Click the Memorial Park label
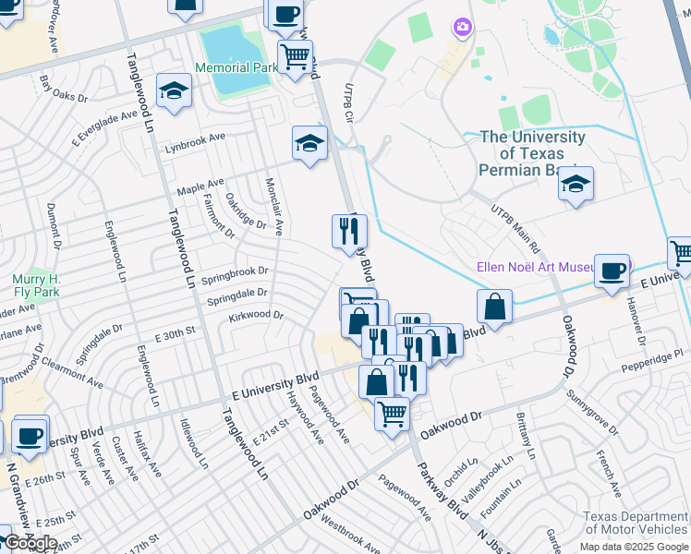tap(236, 67)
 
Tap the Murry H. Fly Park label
tap(35, 286)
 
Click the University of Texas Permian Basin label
tap(532, 153)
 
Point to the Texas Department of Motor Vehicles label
tap(636, 524)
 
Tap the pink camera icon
tap(462, 29)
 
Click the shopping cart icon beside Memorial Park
tap(295, 57)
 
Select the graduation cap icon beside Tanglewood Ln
tap(173, 90)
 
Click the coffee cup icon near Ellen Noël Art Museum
tap(612, 271)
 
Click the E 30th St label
tap(176, 331)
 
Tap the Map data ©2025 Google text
tap(634, 546)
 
